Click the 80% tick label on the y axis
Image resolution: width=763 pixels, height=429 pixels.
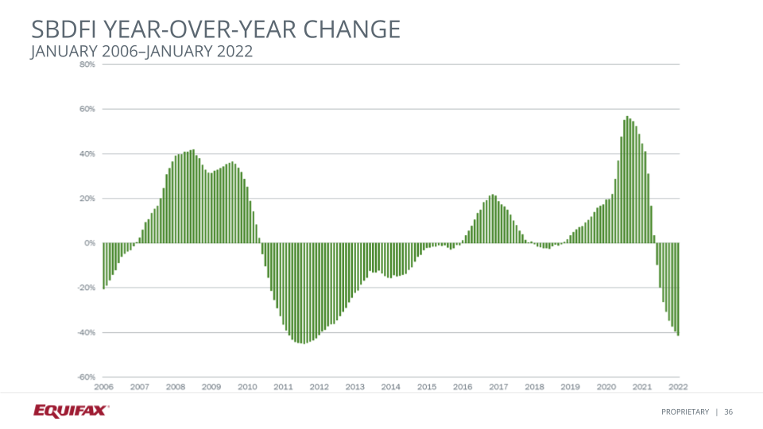tap(87, 64)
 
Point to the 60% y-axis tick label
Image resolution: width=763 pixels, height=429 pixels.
tap(87, 109)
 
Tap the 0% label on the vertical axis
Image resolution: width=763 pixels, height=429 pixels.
tap(90, 243)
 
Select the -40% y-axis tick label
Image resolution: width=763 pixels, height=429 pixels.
tap(87, 332)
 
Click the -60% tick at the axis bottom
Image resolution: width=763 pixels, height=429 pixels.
tap(87, 377)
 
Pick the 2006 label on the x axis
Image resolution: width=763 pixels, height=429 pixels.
tap(103, 387)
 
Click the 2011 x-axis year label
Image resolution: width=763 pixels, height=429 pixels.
tap(283, 387)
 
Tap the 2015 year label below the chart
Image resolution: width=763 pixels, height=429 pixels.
tap(427, 387)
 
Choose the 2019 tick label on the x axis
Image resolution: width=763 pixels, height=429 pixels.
tap(570, 387)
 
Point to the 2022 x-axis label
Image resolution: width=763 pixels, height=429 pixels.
tap(677, 387)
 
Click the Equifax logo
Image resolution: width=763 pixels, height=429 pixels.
tap(71, 410)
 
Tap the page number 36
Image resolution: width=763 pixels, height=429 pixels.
tap(728, 411)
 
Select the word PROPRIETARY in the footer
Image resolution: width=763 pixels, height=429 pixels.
tap(684, 411)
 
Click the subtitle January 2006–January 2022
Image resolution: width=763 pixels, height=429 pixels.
tap(141, 52)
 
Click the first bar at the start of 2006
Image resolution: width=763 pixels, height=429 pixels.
tap(103, 265)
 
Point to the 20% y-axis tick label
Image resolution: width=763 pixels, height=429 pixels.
tap(87, 199)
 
